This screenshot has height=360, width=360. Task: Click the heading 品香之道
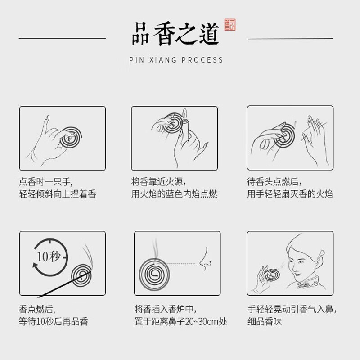tap(175, 34)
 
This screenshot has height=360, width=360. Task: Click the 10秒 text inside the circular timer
tap(48, 257)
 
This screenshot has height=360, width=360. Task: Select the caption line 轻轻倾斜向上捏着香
tap(58, 194)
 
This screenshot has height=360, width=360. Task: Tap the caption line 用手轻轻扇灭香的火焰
tap(290, 194)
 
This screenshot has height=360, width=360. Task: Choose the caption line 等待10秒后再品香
tap(54, 322)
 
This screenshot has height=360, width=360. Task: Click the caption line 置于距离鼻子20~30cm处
tap(181, 322)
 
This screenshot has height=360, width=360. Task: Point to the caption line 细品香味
tap(265, 322)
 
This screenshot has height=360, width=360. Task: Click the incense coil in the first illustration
tap(72, 138)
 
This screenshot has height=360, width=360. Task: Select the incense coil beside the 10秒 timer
tap(82, 275)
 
